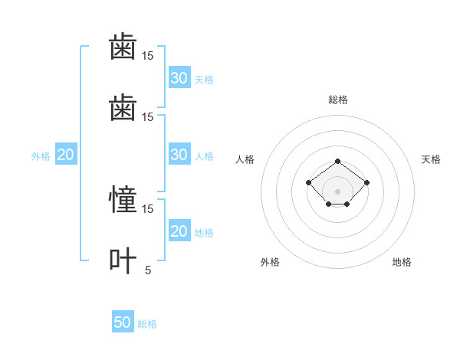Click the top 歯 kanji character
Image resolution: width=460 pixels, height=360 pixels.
123,46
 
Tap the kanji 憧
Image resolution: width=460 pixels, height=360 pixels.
123,198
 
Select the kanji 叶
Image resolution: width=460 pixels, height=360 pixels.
123,260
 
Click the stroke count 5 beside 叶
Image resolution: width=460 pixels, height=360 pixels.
148,270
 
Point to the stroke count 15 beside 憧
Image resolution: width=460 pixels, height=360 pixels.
147,209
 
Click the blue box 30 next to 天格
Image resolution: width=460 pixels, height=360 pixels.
179,77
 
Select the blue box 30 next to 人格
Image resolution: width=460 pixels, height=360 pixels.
179,154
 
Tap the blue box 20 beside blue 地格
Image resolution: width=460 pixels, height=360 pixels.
179,230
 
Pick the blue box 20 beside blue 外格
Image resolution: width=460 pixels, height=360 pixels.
66,154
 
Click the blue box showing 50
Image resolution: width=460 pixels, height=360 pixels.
123,321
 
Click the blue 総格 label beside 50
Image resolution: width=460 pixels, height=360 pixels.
147,324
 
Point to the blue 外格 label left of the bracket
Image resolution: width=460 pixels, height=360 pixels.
41,156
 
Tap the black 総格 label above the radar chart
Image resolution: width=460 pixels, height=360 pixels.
338,100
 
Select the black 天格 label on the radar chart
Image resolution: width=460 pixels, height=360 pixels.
431,159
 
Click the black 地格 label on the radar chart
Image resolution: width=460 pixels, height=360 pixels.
402,262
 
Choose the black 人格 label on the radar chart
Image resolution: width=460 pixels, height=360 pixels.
245,159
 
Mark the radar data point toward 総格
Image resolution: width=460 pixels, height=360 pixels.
337,162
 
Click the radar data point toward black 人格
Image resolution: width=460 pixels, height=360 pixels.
309,182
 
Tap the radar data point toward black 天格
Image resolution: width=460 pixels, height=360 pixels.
366,182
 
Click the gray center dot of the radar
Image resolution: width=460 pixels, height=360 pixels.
337,191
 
